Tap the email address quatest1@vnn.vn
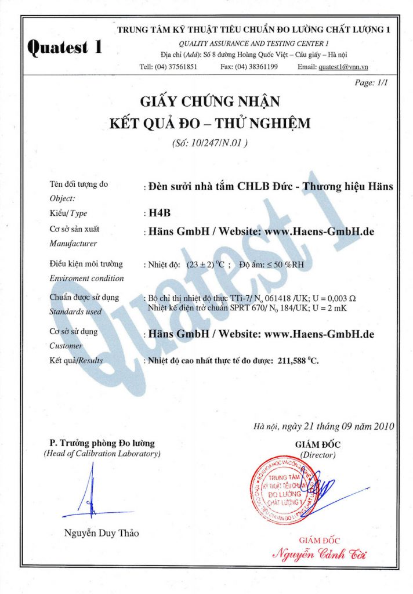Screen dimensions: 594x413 pyautogui.click(x=353, y=67)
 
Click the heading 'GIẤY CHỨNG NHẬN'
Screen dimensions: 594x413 pyautogui.click(x=210, y=102)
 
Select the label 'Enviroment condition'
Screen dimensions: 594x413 pyautogui.click(x=86, y=278)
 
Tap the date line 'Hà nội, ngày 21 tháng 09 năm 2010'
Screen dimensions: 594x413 pyautogui.click(x=324, y=427)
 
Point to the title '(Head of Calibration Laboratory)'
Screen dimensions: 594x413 pyautogui.click(x=102, y=454)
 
